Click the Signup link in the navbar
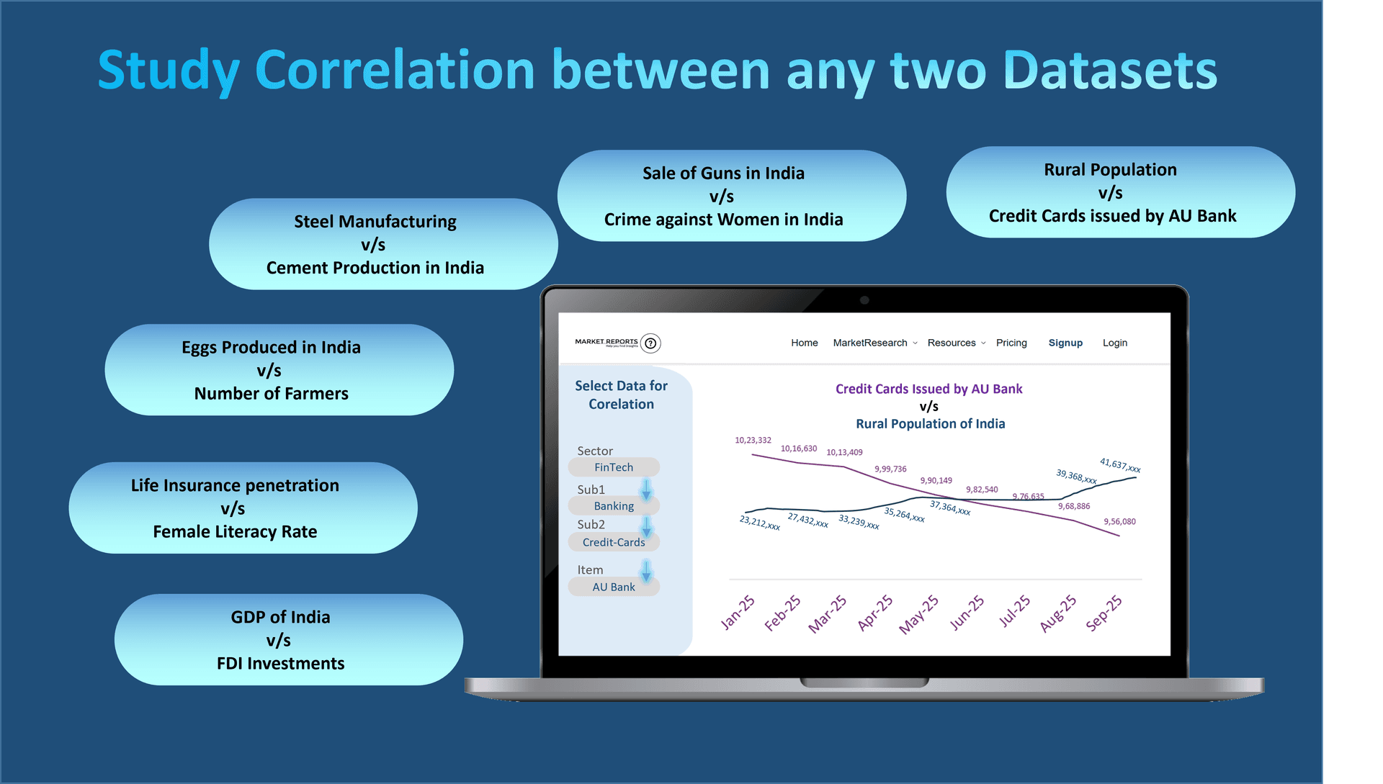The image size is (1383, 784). click(1065, 343)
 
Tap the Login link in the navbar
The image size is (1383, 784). click(1114, 343)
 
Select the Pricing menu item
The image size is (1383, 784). click(1011, 343)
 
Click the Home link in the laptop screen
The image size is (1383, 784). click(804, 343)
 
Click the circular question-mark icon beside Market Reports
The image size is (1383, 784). click(650, 343)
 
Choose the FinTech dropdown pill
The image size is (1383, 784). click(614, 467)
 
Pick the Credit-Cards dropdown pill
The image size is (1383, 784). click(614, 542)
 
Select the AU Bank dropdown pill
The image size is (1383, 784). click(614, 587)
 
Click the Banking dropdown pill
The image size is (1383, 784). click(614, 506)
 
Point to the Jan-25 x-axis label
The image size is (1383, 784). click(738, 613)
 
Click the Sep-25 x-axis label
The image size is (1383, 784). click(1104, 613)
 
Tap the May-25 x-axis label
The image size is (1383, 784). click(918, 614)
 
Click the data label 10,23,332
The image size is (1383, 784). click(753, 440)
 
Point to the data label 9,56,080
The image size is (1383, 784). click(1119, 521)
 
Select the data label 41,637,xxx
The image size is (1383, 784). click(1120, 465)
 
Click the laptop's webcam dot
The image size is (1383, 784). click(864, 300)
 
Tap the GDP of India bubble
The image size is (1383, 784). click(288, 639)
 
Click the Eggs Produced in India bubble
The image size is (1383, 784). click(279, 369)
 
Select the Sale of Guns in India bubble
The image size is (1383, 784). click(731, 196)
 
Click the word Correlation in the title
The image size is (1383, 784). click(394, 71)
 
